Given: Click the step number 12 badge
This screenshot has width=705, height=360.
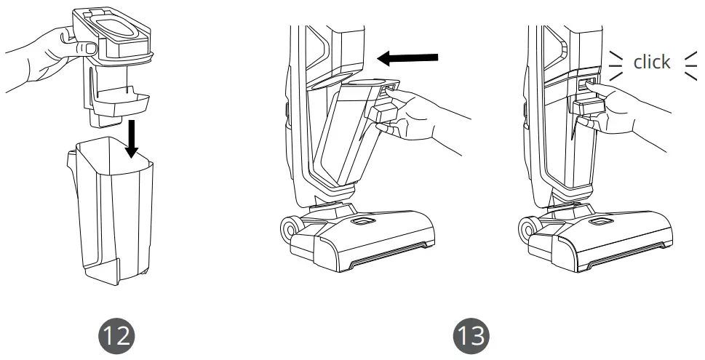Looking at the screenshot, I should pos(117,335).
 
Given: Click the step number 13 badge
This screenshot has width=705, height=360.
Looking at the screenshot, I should pos(471,335).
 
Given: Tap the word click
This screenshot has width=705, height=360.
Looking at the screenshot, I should pos(651,63).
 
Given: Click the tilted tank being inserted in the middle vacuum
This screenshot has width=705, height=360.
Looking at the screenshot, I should pos(342,138).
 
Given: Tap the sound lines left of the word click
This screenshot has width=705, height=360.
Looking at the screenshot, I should pos(616,63).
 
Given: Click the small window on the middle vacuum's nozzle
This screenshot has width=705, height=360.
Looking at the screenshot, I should pos(361,220).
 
